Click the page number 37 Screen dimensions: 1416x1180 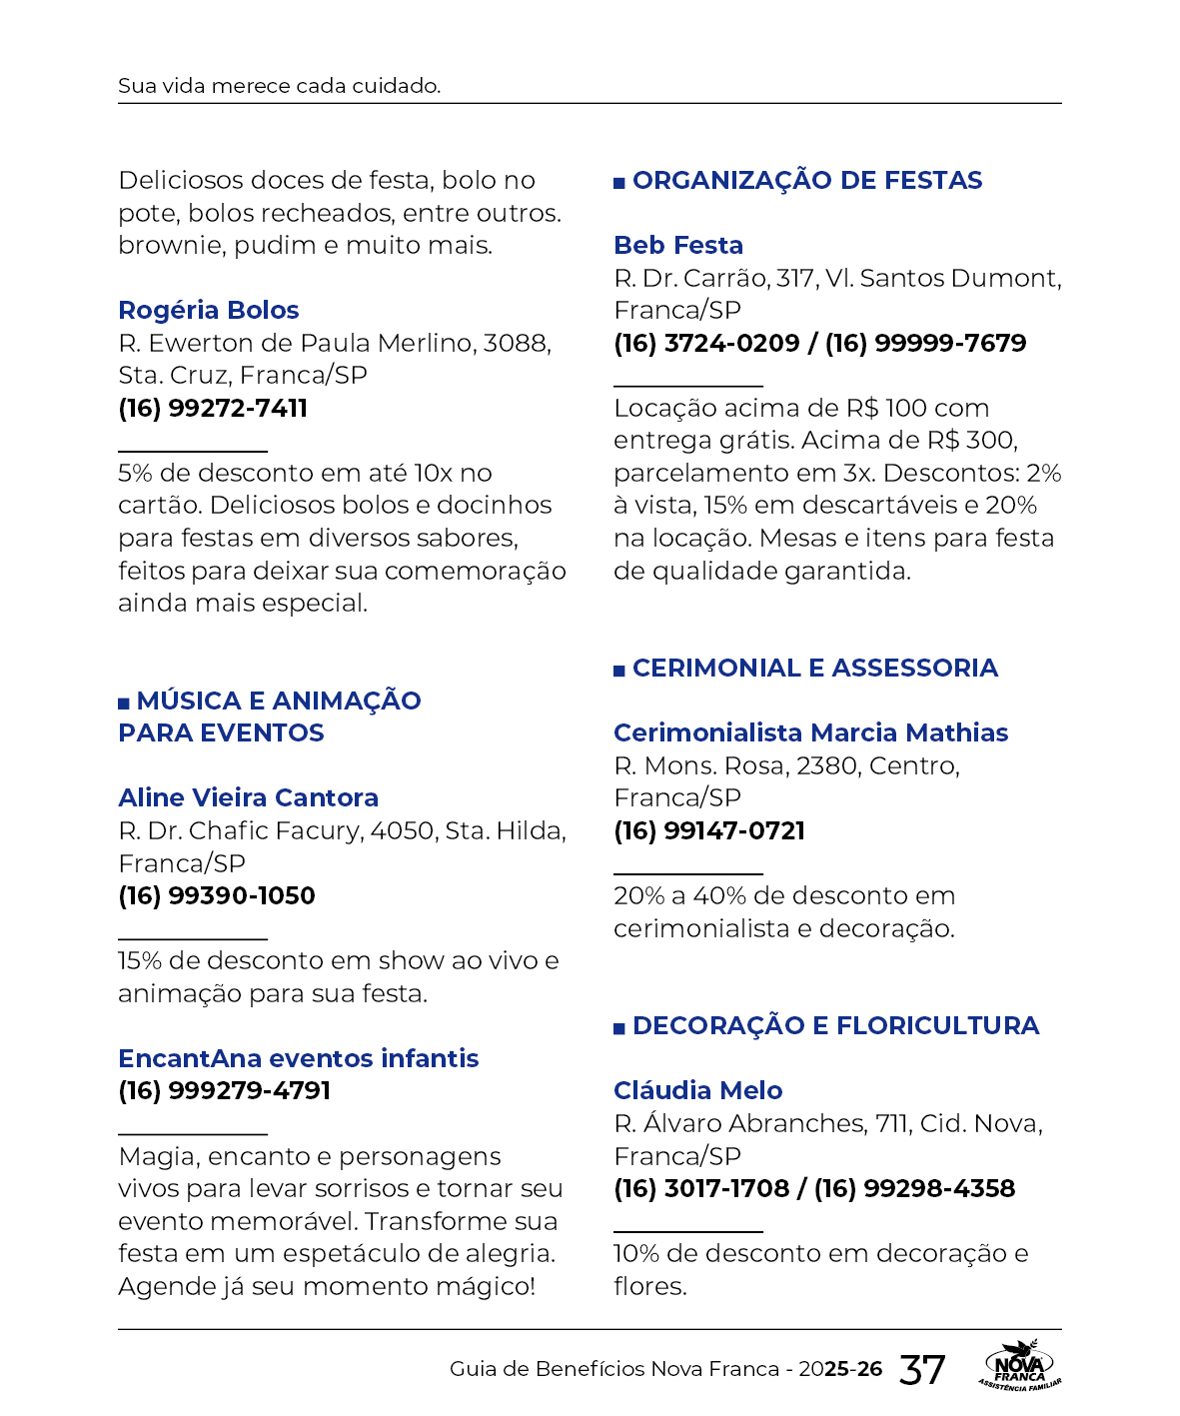coord(921,1369)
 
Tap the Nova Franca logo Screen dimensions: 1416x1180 coord(1019,1365)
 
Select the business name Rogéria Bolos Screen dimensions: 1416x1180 coord(208,310)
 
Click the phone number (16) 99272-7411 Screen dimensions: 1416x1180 coord(213,408)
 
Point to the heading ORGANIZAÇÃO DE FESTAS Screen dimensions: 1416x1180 coord(807,180)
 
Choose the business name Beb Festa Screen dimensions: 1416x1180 coord(678,245)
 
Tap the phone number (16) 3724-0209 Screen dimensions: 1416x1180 coord(706,343)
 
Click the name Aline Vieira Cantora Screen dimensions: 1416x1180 coord(248,797)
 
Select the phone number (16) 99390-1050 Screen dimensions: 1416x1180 coord(217,895)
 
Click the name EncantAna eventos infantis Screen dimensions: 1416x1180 coord(298,1058)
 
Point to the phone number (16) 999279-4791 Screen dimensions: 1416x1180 coord(224,1090)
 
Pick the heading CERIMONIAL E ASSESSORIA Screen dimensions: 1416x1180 coord(814,668)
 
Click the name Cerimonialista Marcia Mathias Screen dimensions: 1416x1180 coord(810,732)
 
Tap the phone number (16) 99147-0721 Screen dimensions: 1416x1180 coord(709,830)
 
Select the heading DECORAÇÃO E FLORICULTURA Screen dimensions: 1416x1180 coord(835,1025)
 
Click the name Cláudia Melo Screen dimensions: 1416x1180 coord(697,1090)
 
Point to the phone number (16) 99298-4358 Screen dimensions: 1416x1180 coord(914,1188)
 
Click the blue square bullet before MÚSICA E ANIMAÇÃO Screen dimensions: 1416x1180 coord(124,704)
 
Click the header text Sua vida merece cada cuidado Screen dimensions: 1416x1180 coord(279,86)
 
